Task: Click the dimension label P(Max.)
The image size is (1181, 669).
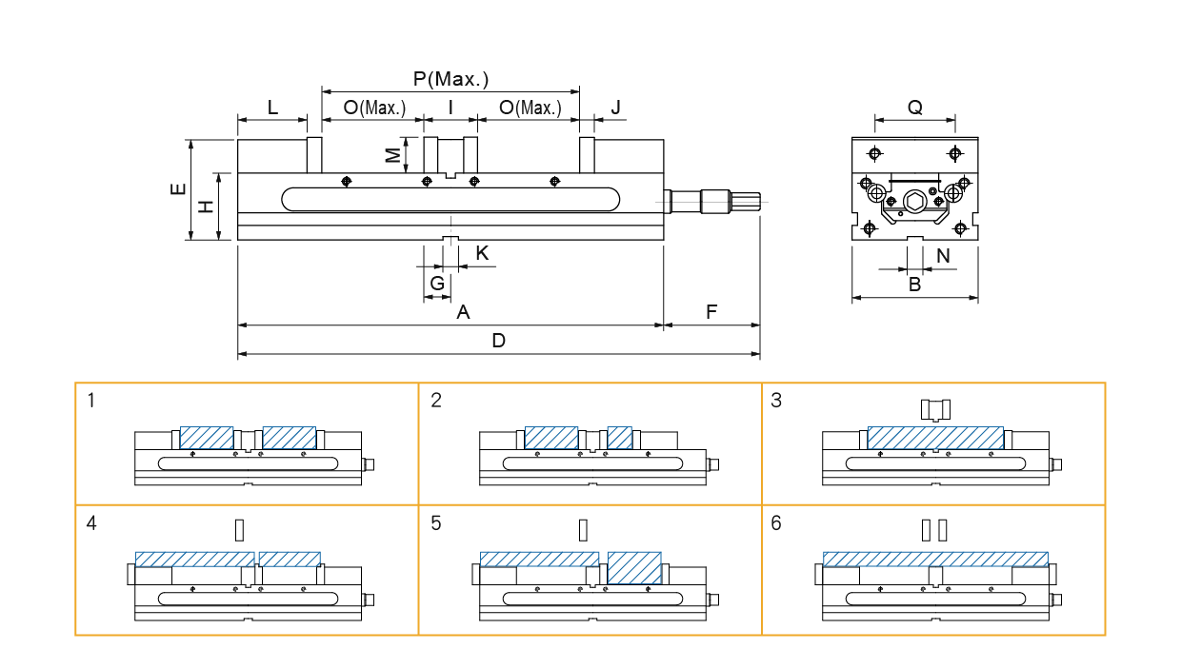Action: pyautogui.click(x=450, y=79)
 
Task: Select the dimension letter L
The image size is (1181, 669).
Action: pyautogui.click(x=272, y=108)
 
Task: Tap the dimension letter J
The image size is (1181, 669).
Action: pyautogui.click(x=615, y=108)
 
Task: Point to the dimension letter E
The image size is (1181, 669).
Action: pyautogui.click(x=178, y=189)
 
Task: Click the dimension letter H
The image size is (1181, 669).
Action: pyautogui.click(x=205, y=207)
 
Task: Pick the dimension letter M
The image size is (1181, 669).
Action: pyautogui.click(x=393, y=155)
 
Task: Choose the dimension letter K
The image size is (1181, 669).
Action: pyautogui.click(x=482, y=253)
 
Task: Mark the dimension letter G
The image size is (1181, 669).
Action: pyautogui.click(x=437, y=283)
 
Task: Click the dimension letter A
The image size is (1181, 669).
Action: pyautogui.click(x=463, y=312)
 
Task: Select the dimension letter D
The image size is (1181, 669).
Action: pyautogui.click(x=498, y=341)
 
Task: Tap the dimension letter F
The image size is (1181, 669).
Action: pyautogui.click(x=711, y=312)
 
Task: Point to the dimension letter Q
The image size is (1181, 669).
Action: pyautogui.click(x=914, y=108)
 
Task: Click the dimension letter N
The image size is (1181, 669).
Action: pyautogui.click(x=943, y=255)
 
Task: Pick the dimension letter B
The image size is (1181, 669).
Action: pyautogui.click(x=914, y=284)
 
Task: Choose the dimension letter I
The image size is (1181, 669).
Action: pyautogui.click(x=450, y=108)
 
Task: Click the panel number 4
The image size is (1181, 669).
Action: pyautogui.click(x=91, y=523)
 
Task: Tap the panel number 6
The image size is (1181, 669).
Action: pyautogui.click(x=776, y=523)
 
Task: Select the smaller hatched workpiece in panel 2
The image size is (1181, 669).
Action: pyautogui.click(x=620, y=438)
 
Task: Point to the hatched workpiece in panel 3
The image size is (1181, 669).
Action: pyautogui.click(x=935, y=438)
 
